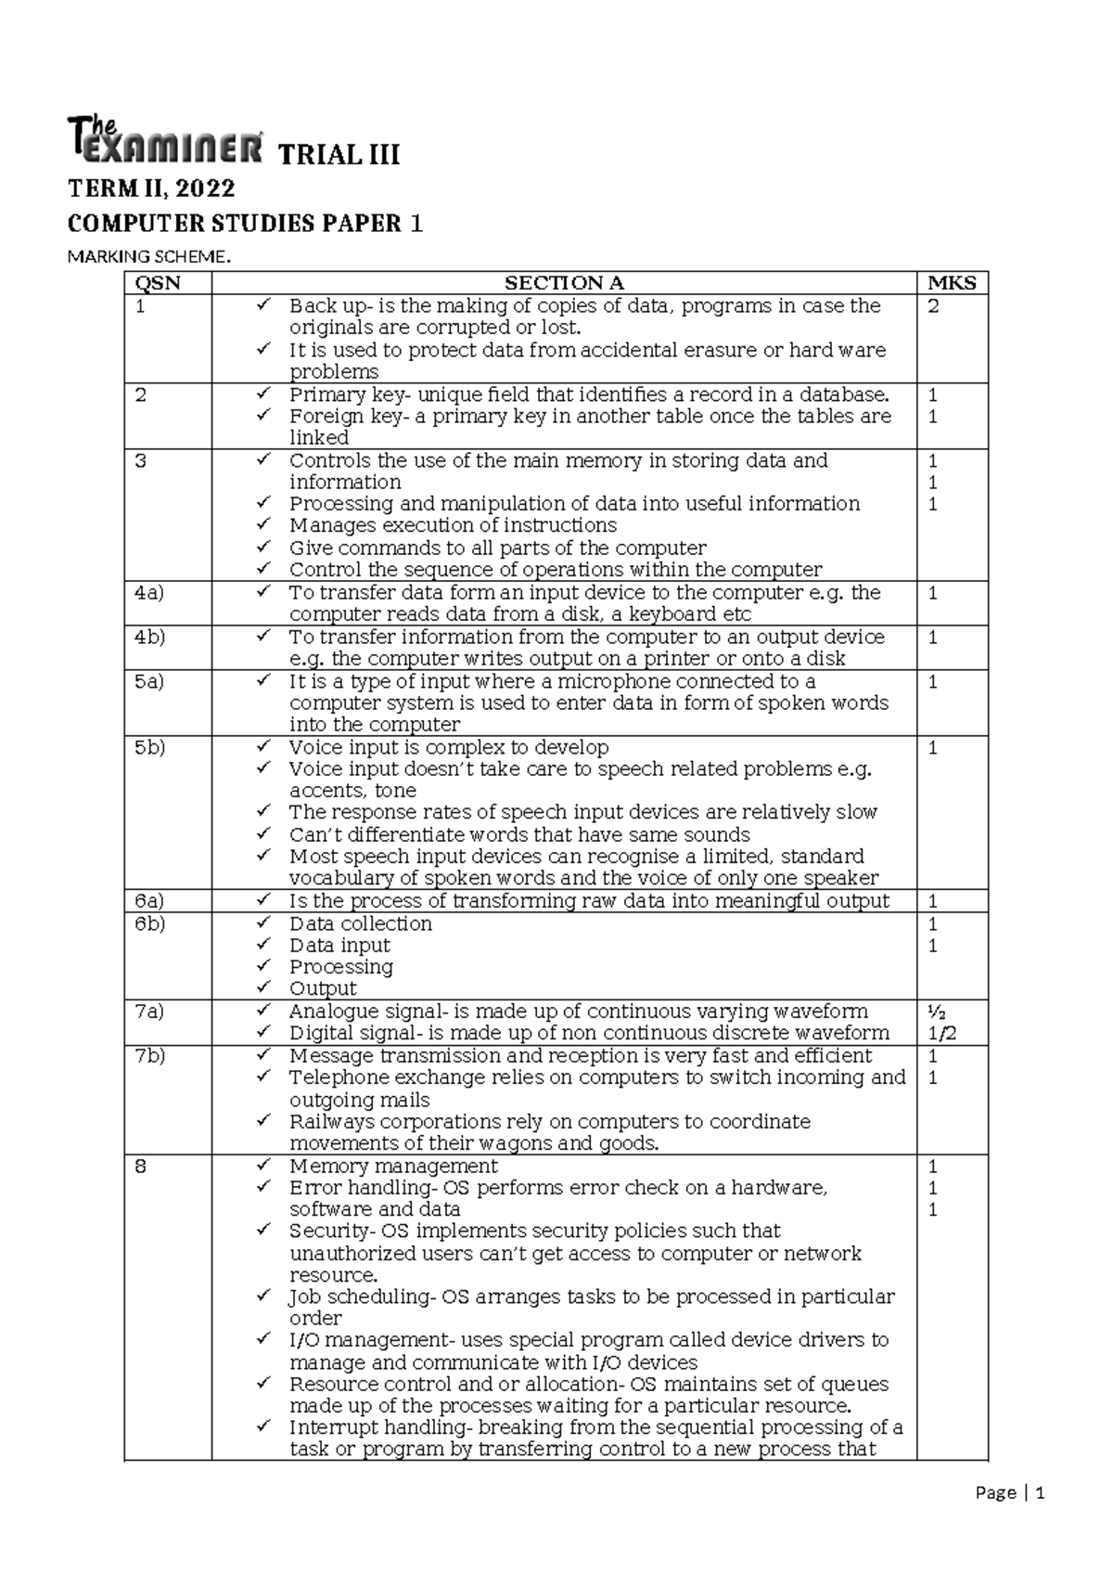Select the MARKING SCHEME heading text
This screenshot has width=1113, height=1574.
pyautogui.click(x=147, y=257)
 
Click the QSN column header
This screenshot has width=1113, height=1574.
pyautogui.click(x=159, y=284)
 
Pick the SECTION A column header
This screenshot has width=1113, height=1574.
pyautogui.click(x=564, y=284)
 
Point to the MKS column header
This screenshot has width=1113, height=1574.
pyautogui.click(x=952, y=284)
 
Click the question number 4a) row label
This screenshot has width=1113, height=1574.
pyautogui.click(x=149, y=593)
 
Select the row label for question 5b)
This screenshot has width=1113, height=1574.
pyautogui.click(x=150, y=748)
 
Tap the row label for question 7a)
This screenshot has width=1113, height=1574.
pyautogui.click(x=149, y=1012)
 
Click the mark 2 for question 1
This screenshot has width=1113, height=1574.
pyautogui.click(x=933, y=306)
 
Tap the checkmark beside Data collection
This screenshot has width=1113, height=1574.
pyautogui.click(x=264, y=922)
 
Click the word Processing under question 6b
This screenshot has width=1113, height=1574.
pyautogui.click(x=341, y=967)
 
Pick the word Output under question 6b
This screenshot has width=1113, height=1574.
pyautogui.click(x=323, y=989)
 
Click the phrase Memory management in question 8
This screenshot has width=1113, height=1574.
pyautogui.click(x=393, y=1167)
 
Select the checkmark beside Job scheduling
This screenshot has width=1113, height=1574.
pyautogui.click(x=264, y=1296)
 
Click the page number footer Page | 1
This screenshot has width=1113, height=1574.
pyautogui.click(x=1010, y=1494)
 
